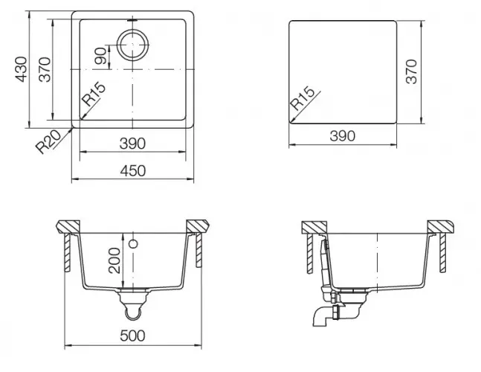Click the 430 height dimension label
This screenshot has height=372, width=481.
(x=21, y=69)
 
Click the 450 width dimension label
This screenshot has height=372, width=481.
(x=133, y=171)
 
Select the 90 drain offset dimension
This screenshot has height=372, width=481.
(x=102, y=56)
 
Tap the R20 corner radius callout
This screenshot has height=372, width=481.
(x=48, y=142)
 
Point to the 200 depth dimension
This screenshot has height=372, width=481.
(x=114, y=260)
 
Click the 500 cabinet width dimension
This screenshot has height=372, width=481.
(x=132, y=336)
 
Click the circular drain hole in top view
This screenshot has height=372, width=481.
(x=133, y=45)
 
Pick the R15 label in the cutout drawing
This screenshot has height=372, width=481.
(x=303, y=99)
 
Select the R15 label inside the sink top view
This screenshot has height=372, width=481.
(x=93, y=94)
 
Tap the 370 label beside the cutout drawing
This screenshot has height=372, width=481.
(x=411, y=71)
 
